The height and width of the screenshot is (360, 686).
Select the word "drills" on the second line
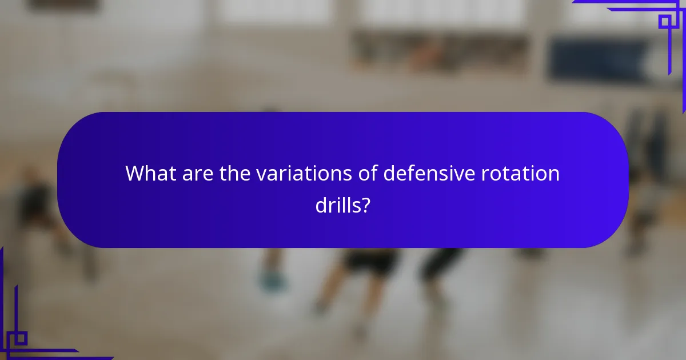pos(337,204)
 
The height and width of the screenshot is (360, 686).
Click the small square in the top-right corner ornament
pos(665,22)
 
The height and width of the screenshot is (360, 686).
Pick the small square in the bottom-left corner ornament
pos(21,338)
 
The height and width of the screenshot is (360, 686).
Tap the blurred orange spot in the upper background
pos(426,54)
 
